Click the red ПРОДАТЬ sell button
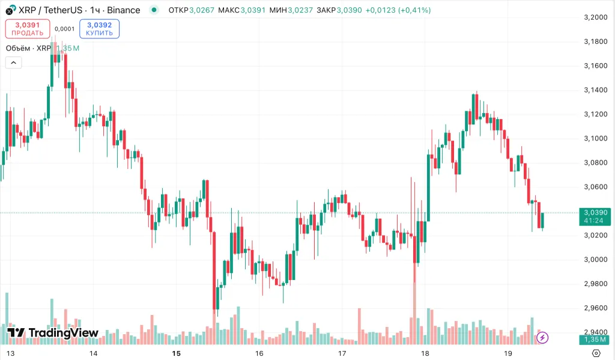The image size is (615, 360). coord(27,29)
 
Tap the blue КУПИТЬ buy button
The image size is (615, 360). coord(99,29)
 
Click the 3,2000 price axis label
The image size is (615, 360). coord(595,17)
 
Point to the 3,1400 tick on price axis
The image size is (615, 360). coord(595,90)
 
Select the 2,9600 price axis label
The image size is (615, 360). coord(595,308)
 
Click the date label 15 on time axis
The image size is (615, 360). coord(176,353)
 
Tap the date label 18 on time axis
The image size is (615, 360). coord(425,353)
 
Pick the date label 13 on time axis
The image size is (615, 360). coord(10,353)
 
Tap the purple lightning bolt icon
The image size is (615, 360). coord(542,337)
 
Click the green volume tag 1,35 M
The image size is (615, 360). coord(595,340)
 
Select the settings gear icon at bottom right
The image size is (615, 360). coord(596,353)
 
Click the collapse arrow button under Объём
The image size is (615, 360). coord(13,63)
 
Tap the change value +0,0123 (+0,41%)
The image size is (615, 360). coord(398,10)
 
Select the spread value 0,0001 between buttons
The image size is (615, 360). coord(64,29)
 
